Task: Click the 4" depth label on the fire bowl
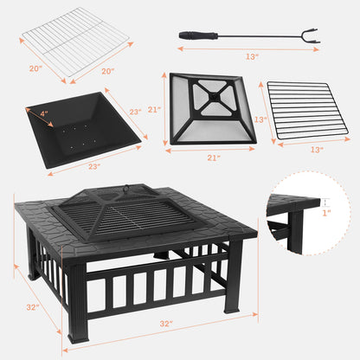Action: point(44,112)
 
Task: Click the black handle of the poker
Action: point(193,33)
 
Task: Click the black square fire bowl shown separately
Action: point(81,126)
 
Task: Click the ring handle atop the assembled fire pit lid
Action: point(128,184)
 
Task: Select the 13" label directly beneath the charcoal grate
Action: point(316,151)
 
